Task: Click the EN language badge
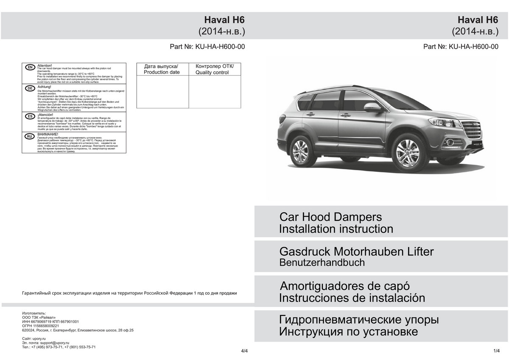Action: [30, 67]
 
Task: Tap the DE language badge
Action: [30, 88]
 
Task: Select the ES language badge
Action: [30, 115]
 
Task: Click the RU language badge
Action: [30, 136]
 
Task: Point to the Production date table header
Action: [162, 69]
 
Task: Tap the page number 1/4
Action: [497, 350]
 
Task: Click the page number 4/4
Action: [244, 351]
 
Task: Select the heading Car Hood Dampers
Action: [330, 217]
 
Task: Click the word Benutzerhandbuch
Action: [322, 262]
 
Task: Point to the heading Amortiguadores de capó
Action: [345, 285]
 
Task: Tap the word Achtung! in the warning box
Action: [44, 87]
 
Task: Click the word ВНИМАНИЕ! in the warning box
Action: [48, 134]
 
